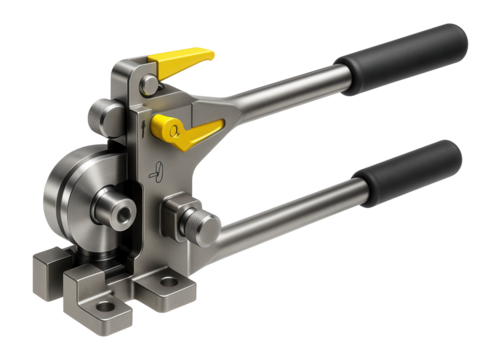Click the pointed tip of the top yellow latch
point(212,55)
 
